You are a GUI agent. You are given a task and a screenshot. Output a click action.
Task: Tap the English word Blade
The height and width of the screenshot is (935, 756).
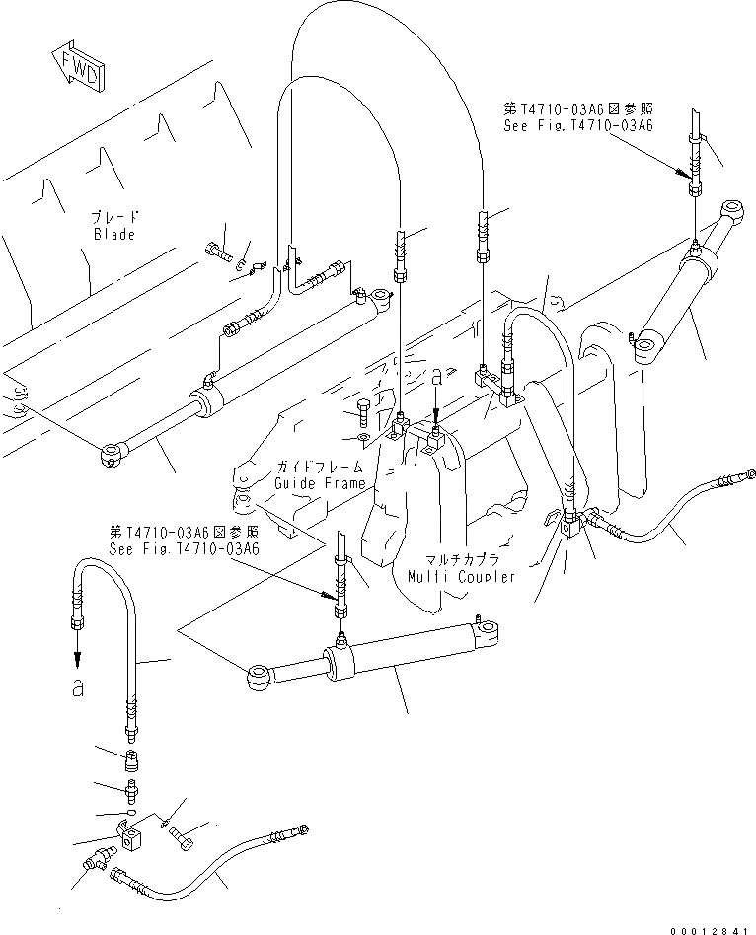pyautogui.click(x=114, y=235)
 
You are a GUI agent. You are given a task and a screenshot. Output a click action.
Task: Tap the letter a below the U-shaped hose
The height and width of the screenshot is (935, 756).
pyautogui.click(x=77, y=689)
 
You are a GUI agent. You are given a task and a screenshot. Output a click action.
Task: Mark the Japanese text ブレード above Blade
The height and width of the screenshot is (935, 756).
pyautogui.click(x=114, y=218)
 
